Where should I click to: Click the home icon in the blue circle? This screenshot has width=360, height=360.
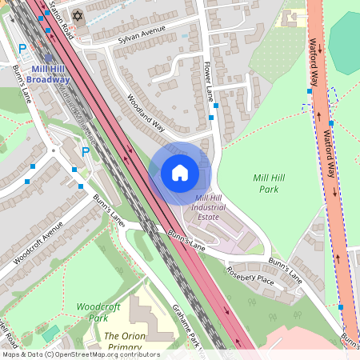180,173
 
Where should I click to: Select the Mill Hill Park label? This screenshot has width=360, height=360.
270,183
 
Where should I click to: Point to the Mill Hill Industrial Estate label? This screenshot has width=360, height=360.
218,207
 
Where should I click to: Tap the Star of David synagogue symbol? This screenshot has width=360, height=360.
78,16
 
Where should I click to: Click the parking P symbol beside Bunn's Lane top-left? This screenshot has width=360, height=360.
22,49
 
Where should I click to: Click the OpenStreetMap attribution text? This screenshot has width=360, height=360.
80,354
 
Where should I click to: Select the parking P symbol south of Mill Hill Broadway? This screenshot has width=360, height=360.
86,151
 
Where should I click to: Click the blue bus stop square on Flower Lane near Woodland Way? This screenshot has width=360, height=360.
211,118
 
